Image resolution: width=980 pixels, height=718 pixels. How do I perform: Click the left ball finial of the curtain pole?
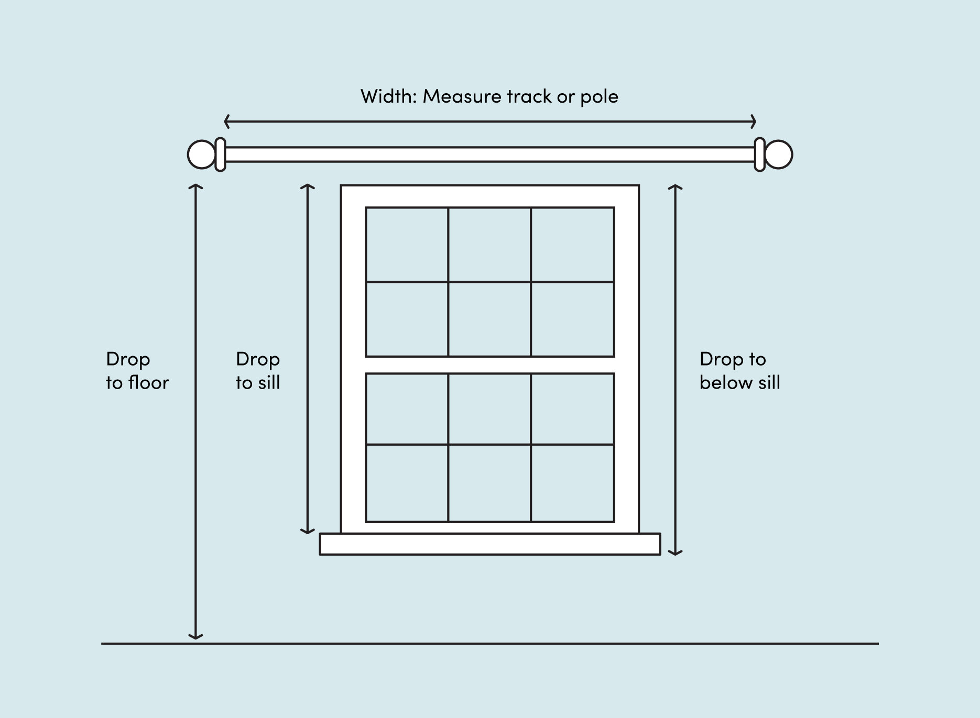[201, 154]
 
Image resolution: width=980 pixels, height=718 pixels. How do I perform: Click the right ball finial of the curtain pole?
[779, 154]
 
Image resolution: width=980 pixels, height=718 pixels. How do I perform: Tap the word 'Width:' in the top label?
[388, 96]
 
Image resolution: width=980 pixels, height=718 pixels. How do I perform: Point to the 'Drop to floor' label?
[137, 371]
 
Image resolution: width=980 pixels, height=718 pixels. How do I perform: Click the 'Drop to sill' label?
[258, 371]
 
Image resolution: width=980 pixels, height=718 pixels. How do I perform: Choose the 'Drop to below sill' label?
[739, 371]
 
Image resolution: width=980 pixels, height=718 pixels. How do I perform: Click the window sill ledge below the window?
[490, 544]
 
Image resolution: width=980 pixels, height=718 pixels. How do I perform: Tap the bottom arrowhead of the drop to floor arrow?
[195, 637]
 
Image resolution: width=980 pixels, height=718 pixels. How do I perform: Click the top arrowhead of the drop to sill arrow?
[308, 187]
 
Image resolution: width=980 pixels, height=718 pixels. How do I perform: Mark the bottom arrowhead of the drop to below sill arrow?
[676, 552]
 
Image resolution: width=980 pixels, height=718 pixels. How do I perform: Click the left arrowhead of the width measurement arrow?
[226, 121]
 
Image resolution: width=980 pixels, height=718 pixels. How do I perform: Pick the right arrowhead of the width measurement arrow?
[754, 121]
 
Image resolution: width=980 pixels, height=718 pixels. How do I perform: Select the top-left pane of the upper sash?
[407, 245]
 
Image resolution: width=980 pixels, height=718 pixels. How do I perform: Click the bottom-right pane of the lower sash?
[572, 483]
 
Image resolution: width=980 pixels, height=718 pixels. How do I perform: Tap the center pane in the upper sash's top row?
[489, 245]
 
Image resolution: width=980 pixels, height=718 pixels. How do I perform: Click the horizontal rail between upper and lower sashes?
[490, 365]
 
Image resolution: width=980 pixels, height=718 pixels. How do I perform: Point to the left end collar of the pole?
[221, 154]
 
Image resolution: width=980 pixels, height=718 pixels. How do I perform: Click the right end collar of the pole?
[759, 154]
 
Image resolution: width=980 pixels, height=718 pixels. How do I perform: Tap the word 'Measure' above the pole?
[462, 96]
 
